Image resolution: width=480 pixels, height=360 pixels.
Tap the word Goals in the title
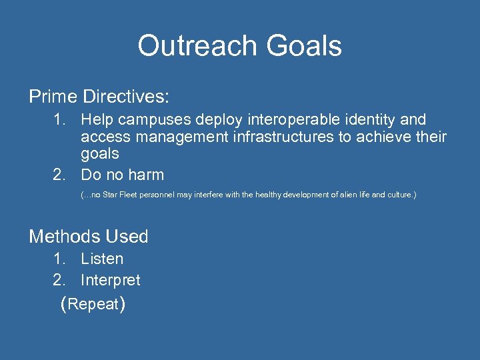304,46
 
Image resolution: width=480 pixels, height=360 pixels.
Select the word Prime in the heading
53,97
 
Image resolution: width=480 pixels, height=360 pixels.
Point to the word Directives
126,97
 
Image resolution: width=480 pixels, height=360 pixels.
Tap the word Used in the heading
128,237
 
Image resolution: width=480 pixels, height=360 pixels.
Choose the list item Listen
102,259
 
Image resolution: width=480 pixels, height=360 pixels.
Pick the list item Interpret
111,280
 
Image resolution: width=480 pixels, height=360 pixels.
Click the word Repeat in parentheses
93,305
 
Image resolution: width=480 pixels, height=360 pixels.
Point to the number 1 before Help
59,121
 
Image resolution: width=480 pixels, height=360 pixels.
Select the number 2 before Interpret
59,280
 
